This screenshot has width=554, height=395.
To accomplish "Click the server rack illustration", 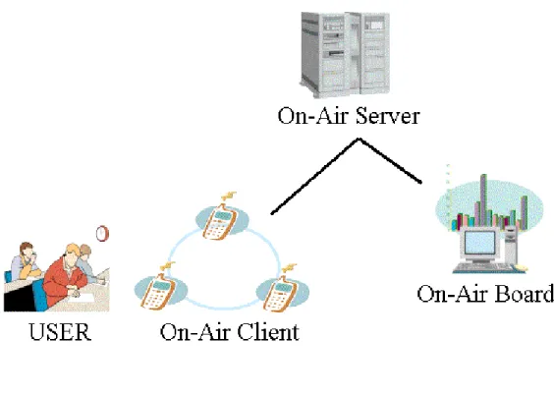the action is tap(345, 55).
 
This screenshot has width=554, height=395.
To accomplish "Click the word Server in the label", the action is tap(388, 116).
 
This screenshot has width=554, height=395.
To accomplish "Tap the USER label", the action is tap(61, 332).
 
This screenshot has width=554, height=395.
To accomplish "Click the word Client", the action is tap(268, 332).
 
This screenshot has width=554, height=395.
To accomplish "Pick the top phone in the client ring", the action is tap(220, 222).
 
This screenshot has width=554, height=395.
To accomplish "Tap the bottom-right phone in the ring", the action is tap(281, 293).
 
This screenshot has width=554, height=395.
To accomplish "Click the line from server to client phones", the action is tap(314, 176).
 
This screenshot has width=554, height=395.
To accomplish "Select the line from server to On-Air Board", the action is tap(390, 161).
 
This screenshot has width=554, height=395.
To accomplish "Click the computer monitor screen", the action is tap(479, 243).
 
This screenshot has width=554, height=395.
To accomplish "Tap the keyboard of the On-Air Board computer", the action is tap(483, 267).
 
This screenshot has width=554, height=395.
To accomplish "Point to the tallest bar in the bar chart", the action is tap(483, 200).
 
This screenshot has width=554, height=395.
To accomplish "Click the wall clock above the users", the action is tap(102, 234).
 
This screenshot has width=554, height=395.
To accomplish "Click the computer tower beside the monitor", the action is tap(510, 247).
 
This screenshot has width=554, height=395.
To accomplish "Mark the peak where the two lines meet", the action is tap(359, 139).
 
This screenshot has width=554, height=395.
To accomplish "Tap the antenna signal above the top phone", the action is tap(229, 196).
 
